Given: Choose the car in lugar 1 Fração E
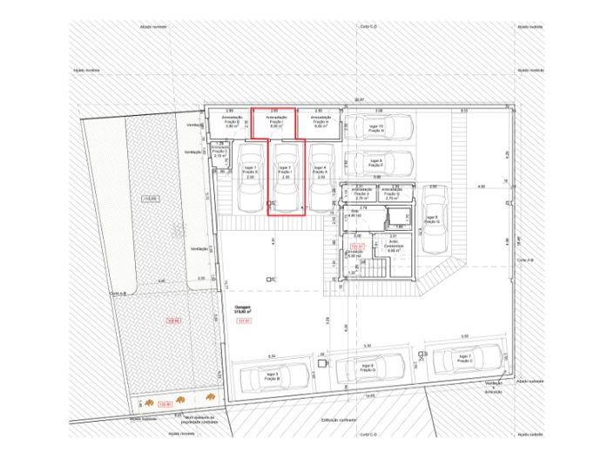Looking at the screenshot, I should (250, 176).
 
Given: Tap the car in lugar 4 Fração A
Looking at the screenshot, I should (319, 176).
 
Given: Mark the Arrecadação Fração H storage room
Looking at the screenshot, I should (319, 122).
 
